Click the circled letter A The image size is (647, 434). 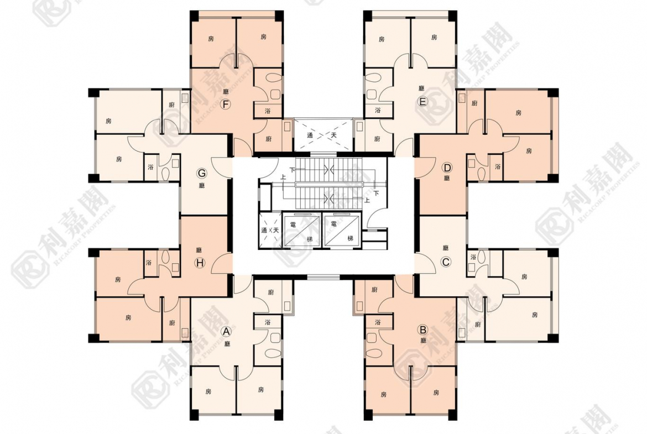click(226, 331)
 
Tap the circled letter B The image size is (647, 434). click(423, 330)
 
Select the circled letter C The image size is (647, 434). click(446, 263)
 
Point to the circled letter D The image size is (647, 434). click(447, 168)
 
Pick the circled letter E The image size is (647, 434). click(422, 102)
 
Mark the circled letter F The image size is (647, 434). click(225, 104)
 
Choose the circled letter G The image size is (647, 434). click(202, 174)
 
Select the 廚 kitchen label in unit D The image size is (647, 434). click(474, 103)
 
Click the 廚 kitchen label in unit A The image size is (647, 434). click(270, 292)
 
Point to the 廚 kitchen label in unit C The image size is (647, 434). click(477, 325)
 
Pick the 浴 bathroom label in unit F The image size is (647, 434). click(268, 111)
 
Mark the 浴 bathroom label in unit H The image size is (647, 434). click(149, 262)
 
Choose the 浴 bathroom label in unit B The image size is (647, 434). click(378, 322)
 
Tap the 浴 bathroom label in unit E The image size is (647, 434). click(378, 111)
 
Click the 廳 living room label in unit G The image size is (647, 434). click(202, 186)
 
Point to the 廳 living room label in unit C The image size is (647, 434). click(446, 248)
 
